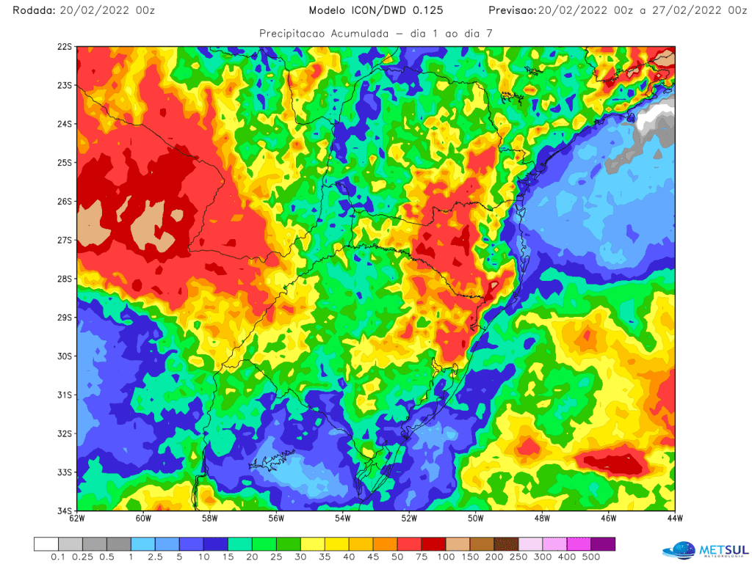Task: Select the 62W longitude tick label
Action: click(77, 520)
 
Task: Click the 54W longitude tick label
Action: click(343, 520)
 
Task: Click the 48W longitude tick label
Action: click(542, 520)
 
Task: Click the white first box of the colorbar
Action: click(46, 543)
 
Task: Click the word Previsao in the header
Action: click(511, 10)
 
